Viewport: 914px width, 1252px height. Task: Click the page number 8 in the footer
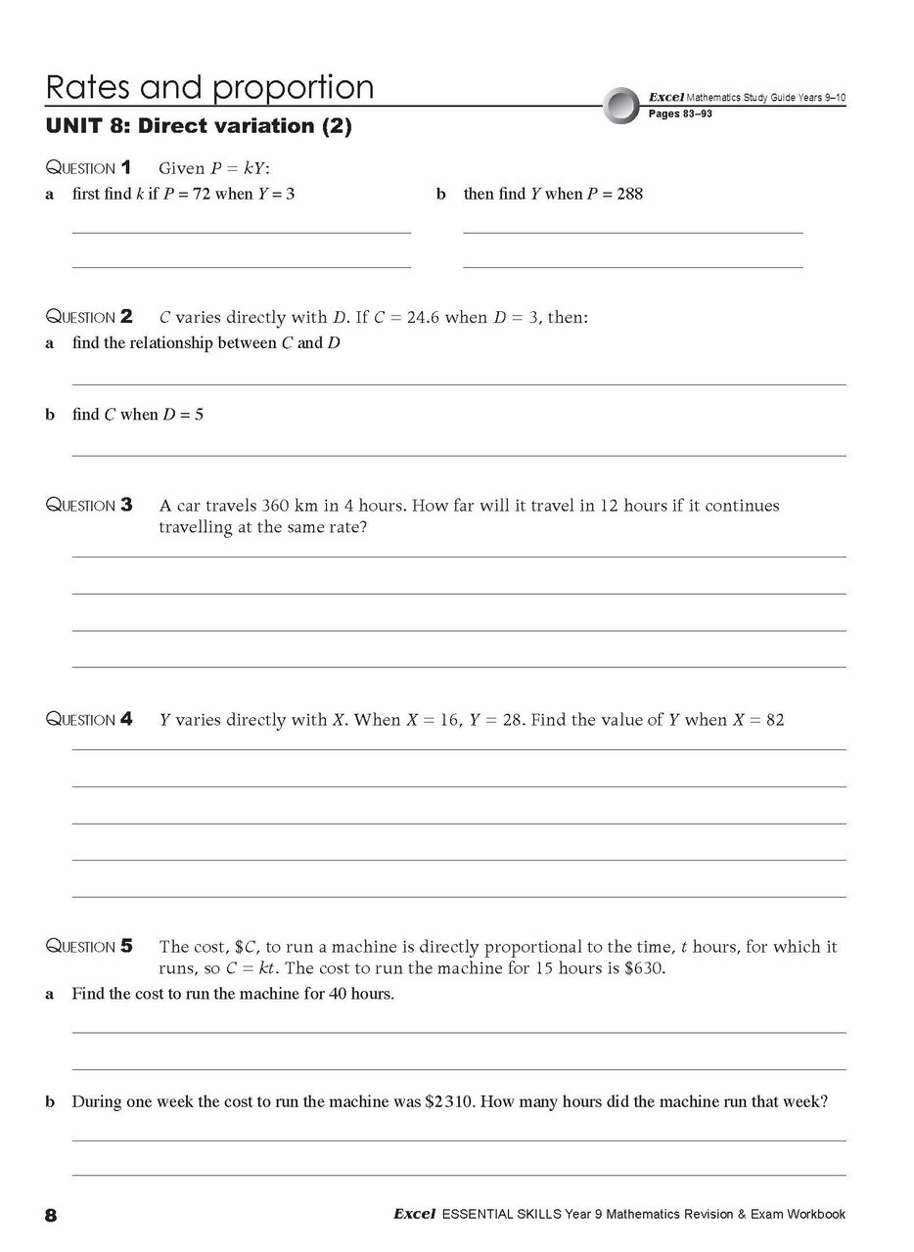click(51, 1216)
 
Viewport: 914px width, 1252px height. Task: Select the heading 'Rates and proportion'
click(209, 87)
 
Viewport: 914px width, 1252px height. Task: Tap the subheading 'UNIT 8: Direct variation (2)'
click(199, 126)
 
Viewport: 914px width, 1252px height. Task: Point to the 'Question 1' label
click(89, 168)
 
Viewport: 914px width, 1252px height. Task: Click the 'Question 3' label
click(89, 506)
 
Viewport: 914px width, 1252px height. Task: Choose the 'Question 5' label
click(89, 947)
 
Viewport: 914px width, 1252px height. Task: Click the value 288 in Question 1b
click(629, 194)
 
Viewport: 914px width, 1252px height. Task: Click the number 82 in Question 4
click(774, 720)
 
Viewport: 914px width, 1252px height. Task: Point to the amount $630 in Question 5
click(647, 969)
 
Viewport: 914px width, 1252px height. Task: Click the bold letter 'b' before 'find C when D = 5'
click(50, 415)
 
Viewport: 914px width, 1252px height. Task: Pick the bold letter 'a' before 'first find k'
click(50, 194)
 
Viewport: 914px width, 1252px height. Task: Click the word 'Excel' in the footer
click(414, 1215)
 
